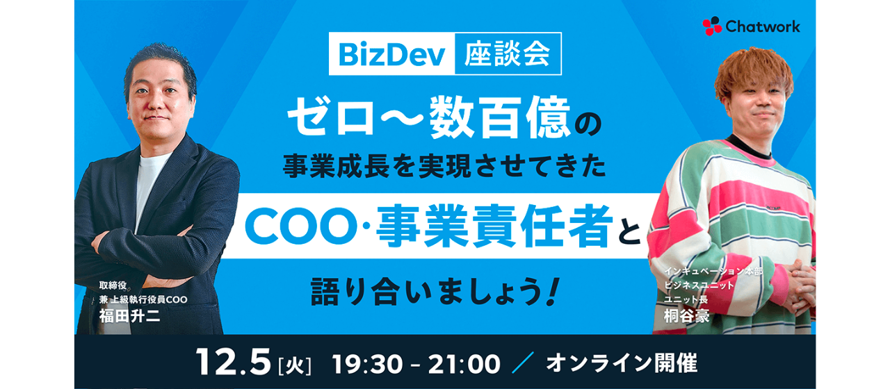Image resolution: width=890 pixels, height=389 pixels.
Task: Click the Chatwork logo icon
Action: point(712,26)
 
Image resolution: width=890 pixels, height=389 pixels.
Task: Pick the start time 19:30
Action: point(364,363)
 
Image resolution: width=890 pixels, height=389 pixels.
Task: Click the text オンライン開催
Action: point(621,363)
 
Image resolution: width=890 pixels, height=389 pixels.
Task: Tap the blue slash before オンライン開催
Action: point(521,363)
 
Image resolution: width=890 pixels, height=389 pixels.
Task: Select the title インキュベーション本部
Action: point(713,271)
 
